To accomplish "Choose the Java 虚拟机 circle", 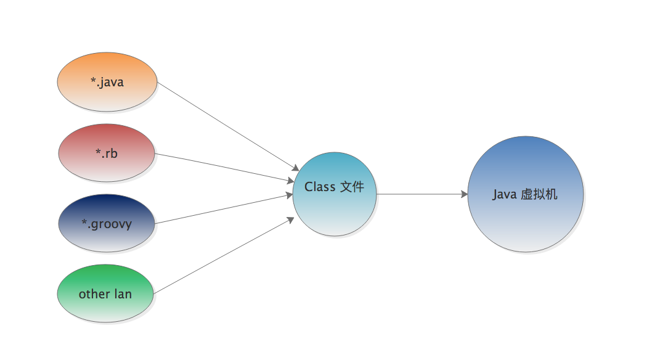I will point(525,222).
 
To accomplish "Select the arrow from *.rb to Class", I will point(225,168).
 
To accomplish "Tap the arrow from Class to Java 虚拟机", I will point(422,194).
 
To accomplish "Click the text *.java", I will point(107,82).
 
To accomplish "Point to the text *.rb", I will point(107,153).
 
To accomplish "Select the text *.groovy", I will point(107,224).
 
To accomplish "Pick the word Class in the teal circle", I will point(320,187).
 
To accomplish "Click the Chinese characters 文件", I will point(352,187).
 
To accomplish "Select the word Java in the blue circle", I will point(505,195).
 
